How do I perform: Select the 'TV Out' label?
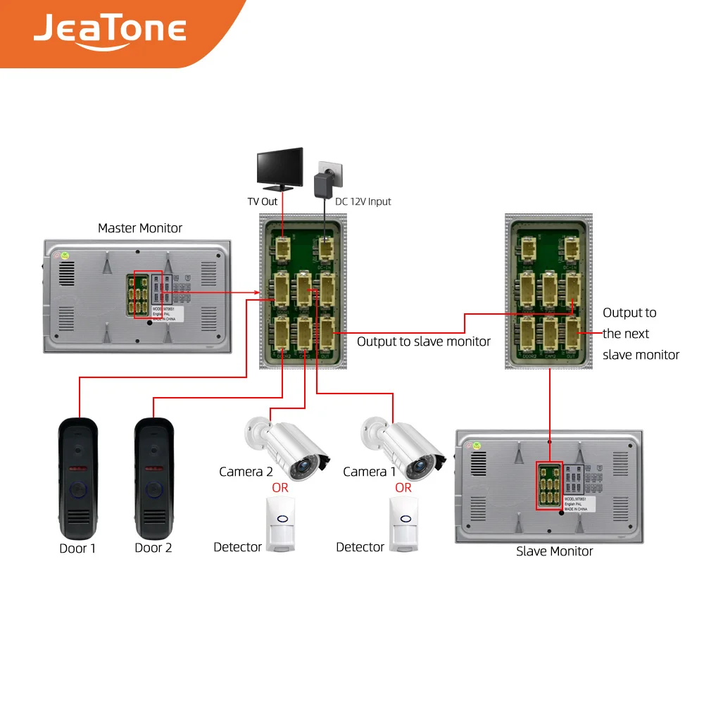point(263,201)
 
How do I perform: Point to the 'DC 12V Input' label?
point(363,201)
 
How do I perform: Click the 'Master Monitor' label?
point(139,228)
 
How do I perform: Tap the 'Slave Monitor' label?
point(554,551)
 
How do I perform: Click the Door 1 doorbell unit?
point(77,477)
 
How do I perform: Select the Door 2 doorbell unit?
point(153,477)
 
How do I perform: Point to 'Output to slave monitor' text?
point(424,341)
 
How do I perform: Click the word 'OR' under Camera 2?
point(280,487)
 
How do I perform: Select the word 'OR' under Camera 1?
point(403,487)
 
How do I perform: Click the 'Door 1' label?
point(77,548)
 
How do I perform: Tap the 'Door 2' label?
point(153,548)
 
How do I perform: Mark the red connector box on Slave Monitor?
point(550,486)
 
